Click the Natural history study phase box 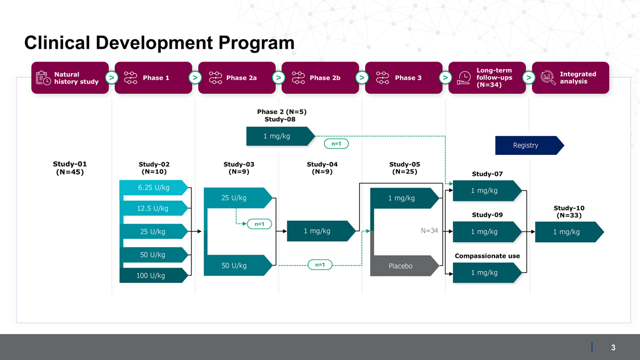point(70,78)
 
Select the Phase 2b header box point(320,78)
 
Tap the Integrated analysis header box point(570,78)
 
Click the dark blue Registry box point(527,145)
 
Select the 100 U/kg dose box point(151,275)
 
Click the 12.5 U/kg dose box point(153,208)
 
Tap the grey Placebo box point(402,266)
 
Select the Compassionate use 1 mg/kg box point(485,273)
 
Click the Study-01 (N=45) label point(69,168)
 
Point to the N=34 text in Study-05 point(429,231)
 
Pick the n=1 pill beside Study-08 point(336,144)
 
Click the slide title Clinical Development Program point(159,43)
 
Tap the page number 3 point(613,347)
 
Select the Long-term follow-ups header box point(487,78)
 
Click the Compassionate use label point(487,256)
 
